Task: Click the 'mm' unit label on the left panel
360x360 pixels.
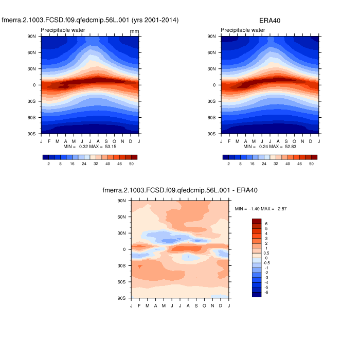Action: pyautogui.click(x=134, y=31)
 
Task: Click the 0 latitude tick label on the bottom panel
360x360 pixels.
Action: pyautogui.click(x=124, y=249)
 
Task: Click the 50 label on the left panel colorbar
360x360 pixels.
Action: pyautogui.click(x=132, y=164)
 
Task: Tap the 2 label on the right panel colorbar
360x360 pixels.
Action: pyautogui.click(x=229, y=164)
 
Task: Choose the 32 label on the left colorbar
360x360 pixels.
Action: pyautogui.click(x=96, y=164)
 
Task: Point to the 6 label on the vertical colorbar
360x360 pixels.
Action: pyautogui.click(x=266, y=224)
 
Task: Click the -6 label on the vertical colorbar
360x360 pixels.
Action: pyautogui.click(x=266, y=292)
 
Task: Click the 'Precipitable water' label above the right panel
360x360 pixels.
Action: pyautogui.click(x=243, y=30)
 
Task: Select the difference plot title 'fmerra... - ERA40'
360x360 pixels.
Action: pyautogui.click(x=180, y=190)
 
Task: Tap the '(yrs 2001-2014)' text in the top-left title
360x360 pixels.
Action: pyautogui.click(x=155, y=20)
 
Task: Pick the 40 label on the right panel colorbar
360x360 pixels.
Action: pyautogui.click(x=288, y=164)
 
